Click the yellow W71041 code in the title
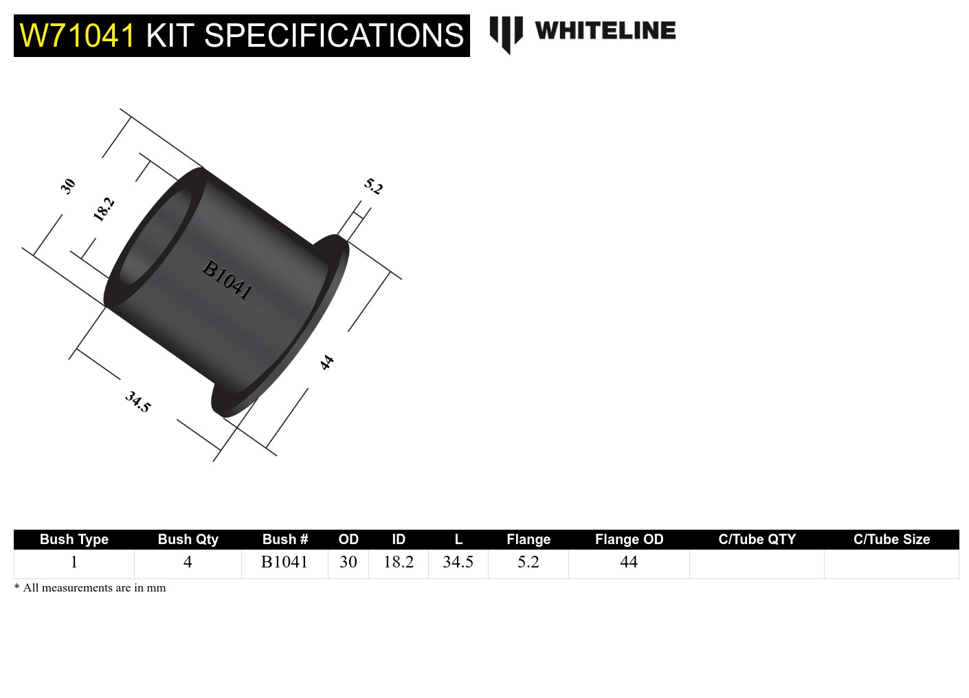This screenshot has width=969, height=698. (x=77, y=36)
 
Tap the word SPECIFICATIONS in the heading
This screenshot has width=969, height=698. (x=334, y=36)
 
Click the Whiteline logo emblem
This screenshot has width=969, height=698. (x=506, y=34)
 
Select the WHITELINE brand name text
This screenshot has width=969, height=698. (x=605, y=31)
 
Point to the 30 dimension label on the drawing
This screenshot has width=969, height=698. (x=67, y=185)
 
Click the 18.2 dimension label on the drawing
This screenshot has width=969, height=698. (x=103, y=209)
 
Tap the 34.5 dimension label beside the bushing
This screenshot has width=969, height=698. (x=137, y=401)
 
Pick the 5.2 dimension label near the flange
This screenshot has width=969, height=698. (x=373, y=186)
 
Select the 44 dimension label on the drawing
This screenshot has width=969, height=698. (x=327, y=362)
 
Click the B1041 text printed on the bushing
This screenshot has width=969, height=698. (x=227, y=279)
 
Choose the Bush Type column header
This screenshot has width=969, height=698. (x=74, y=539)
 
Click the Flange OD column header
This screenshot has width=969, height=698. (x=629, y=539)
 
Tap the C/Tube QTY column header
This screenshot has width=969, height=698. (x=757, y=539)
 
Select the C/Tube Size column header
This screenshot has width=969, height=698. (x=891, y=539)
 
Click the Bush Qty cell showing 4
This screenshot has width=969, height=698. (x=188, y=562)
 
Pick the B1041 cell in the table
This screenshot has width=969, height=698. (x=285, y=562)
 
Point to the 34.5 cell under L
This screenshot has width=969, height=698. (x=458, y=562)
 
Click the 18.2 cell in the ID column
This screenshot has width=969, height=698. (x=399, y=562)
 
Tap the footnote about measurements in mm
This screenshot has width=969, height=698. (x=90, y=587)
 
